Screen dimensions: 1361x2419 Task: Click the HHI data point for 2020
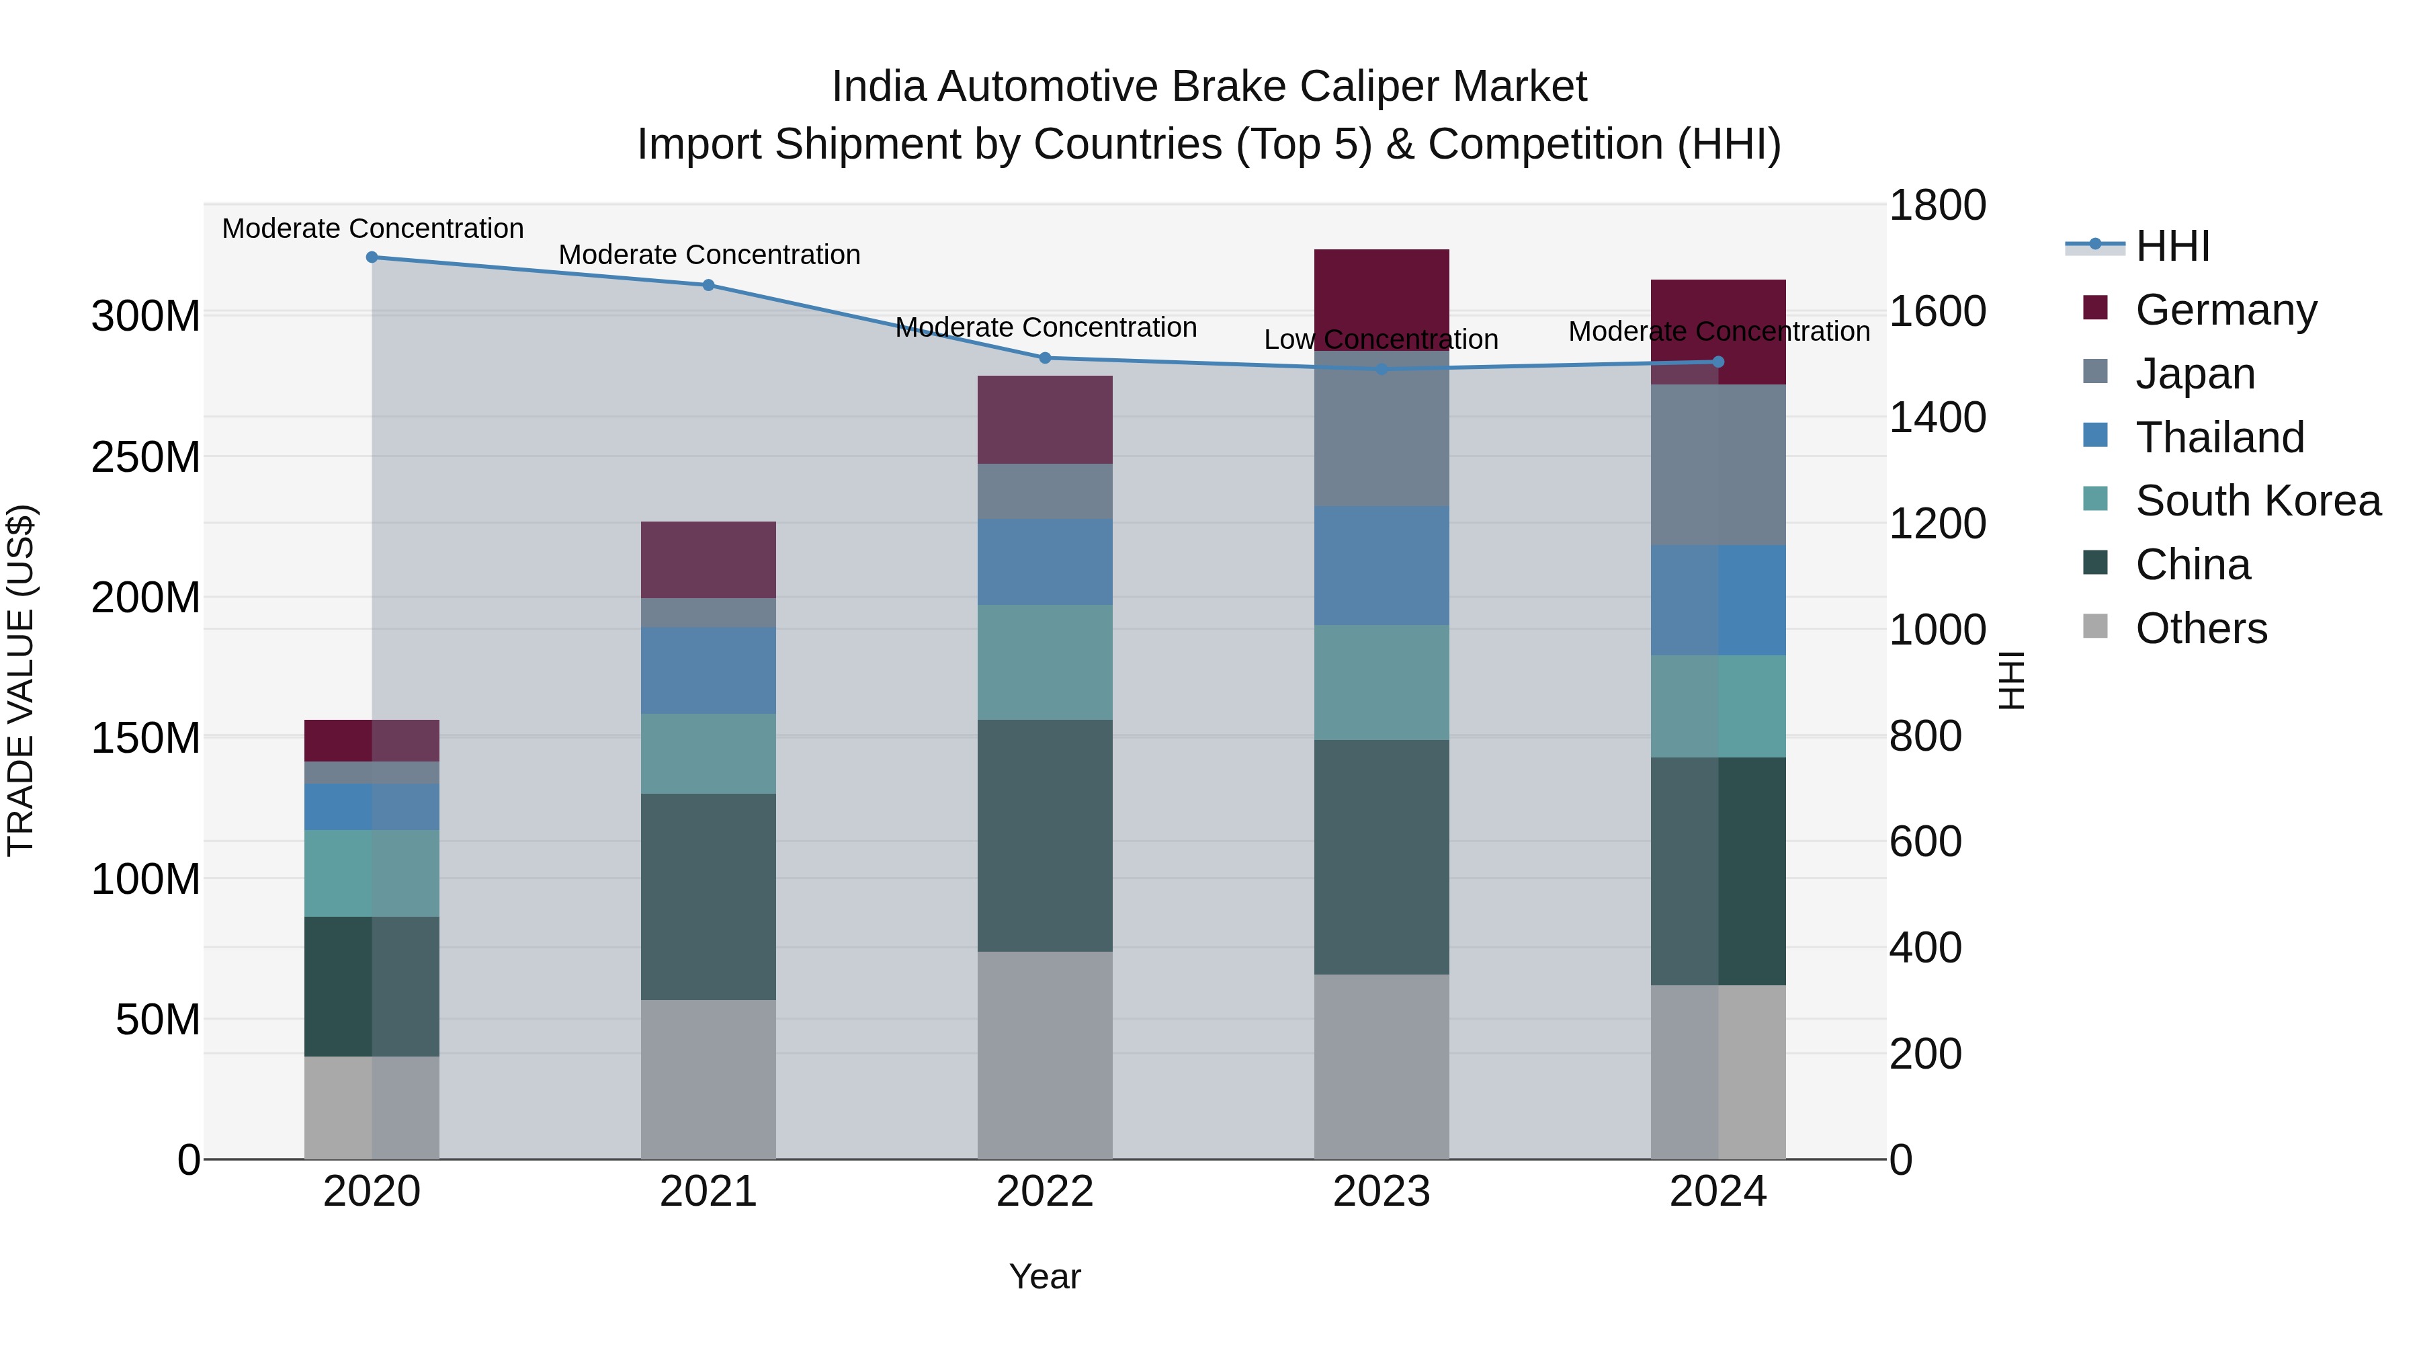[x=372, y=257]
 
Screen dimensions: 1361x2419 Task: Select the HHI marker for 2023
[x=1382, y=369]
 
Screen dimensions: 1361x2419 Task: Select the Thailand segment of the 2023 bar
[x=1382, y=565]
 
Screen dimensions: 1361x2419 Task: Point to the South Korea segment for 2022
[x=1045, y=662]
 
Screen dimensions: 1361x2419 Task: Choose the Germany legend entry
[x=2225, y=310]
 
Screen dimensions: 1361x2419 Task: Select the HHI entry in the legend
[x=2172, y=246]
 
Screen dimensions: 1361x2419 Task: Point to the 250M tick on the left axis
[x=146, y=458]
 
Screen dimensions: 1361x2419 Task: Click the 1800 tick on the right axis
[x=1937, y=206]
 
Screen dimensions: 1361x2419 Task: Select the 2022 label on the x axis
[x=1045, y=1192]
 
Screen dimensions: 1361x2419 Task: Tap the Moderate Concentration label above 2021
[x=709, y=255]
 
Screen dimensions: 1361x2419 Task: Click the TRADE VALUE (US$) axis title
[x=21, y=680]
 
